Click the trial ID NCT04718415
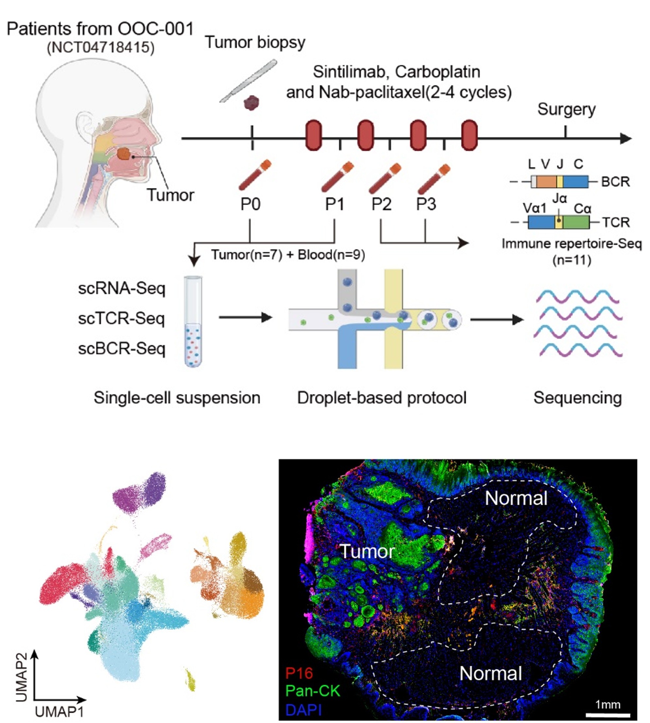click(x=100, y=47)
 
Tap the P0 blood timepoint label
click(x=250, y=204)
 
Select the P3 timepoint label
click(x=426, y=204)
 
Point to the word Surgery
click(x=567, y=109)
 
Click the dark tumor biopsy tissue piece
click(x=252, y=103)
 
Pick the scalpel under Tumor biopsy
click(x=249, y=81)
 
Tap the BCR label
click(x=615, y=182)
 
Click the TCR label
click(x=616, y=222)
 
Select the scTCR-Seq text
click(x=121, y=318)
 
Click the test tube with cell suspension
click(x=193, y=321)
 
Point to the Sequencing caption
click(x=577, y=398)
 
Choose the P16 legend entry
click(x=299, y=673)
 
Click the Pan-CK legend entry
click(x=313, y=691)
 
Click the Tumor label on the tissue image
click(x=367, y=551)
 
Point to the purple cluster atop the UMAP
click(x=140, y=493)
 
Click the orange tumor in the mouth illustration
click(x=124, y=154)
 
